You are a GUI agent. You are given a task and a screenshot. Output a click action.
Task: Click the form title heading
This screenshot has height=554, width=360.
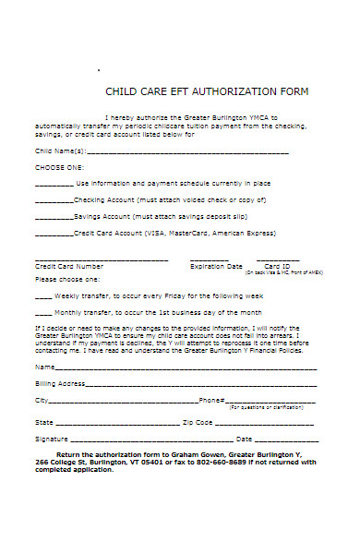point(207,92)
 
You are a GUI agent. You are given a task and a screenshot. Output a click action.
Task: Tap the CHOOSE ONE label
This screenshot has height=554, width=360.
point(59,167)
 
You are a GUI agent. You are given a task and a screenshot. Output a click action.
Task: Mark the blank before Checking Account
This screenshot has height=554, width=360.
point(54,199)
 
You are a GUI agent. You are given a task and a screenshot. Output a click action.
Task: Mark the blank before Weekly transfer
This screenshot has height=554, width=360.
point(43,295)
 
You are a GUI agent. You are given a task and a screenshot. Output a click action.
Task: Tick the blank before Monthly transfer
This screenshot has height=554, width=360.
point(43,312)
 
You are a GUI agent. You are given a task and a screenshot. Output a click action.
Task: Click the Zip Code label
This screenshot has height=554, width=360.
point(198,422)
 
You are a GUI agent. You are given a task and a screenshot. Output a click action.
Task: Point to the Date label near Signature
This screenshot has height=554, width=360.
point(245,439)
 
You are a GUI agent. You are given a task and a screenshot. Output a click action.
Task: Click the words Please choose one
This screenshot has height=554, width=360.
point(67,278)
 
